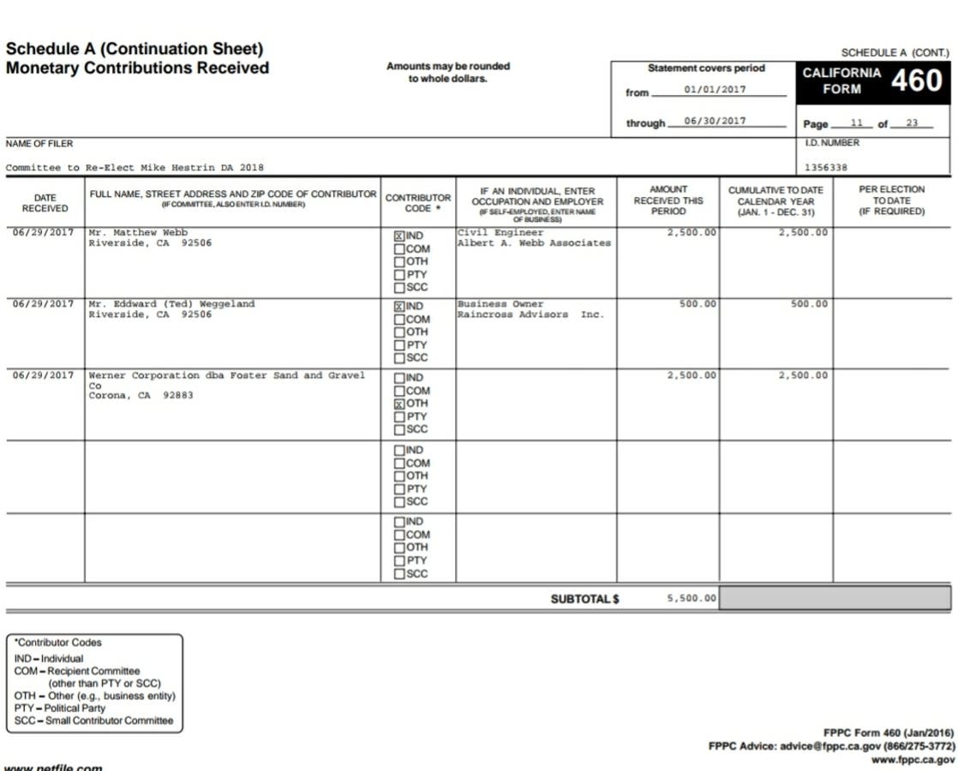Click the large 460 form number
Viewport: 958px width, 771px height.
click(x=916, y=81)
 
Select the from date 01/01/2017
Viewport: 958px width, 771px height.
click(x=715, y=89)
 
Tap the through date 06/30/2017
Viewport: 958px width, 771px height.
click(x=715, y=121)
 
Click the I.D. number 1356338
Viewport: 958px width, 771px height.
click(x=826, y=168)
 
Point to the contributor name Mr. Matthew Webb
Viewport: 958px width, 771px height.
click(x=138, y=233)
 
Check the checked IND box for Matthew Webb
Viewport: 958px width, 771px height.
click(x=399, y=236)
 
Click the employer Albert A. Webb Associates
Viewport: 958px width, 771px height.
click(x=534, y=243)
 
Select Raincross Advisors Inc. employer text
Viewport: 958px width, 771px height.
click(x=530, y=314)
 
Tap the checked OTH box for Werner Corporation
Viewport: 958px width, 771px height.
click(x=399, y=403)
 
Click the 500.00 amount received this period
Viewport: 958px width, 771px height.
click(x=698, y=304)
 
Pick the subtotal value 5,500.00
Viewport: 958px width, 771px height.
click(x=691, y=598)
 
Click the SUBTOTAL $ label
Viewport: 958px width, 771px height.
click(x=584, y=599)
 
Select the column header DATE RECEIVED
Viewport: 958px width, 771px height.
click(x=45, y=203)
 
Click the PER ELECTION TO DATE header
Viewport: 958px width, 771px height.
click(x=891, y=200)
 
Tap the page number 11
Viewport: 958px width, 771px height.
click(x=856, y=123)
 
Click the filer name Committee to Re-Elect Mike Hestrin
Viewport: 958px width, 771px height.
click(x=135, y=168)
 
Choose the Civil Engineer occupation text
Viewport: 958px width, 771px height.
click(x=500, y=233)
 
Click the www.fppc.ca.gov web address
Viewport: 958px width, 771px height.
click(x=913, y=760)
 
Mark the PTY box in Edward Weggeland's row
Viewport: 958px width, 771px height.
click(x=399, y=345)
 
